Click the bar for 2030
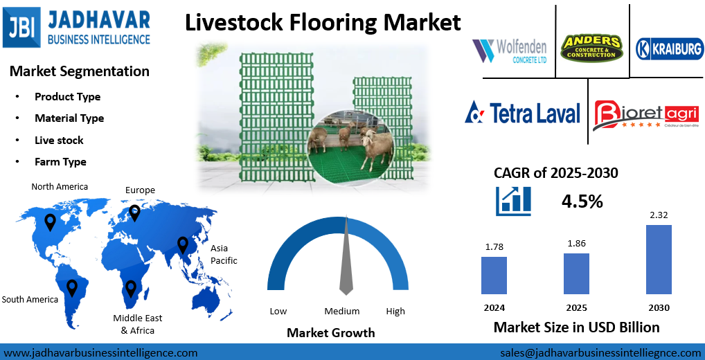(x=659, y=260)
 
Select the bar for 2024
(x=494, y=276)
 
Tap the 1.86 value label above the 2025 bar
(x=576, y=244)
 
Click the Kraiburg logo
(x=669, y=48)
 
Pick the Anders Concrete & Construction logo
(x=592, y=47)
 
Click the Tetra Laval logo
(x=522, y=113)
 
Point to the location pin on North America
(x=50, y=222)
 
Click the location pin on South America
(x=72, y=287)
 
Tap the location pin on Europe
(x=134, y=213)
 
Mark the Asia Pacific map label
(x=224, y=254)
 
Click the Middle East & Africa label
(x=137, y=324)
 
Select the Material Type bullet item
(x=69, y=118)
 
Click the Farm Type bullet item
(x=60, y=162)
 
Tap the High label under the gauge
(x=395, y=312)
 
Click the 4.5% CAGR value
(x=581, y=201)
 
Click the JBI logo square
(x=22, y=27)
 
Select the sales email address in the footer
(x=600, y=352)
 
